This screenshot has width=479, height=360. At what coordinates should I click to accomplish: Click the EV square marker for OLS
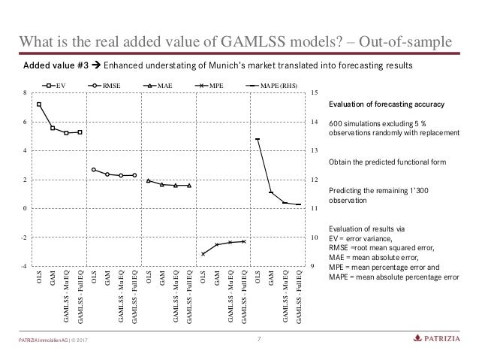tap(39, 104)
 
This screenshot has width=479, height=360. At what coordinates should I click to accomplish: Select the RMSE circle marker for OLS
tap(94, 170)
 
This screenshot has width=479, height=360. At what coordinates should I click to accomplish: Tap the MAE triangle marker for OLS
tap(149, 181)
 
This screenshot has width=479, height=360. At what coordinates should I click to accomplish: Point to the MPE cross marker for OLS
tap(203, 254)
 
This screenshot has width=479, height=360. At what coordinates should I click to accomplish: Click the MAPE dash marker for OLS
tap(258, 139)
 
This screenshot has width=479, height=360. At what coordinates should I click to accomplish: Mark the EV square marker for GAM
tap(53, 129)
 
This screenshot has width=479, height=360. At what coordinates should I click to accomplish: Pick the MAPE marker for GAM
tap(271, 192)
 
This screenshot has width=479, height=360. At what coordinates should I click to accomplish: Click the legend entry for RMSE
tap(104, 86)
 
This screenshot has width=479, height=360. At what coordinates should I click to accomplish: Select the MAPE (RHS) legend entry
tap(272, 86)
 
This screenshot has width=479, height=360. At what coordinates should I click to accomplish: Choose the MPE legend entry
tap(209, 86)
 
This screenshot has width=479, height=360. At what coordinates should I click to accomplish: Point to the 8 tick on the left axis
tap(25, 92)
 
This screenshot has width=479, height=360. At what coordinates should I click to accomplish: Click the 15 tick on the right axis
tap(315, 92)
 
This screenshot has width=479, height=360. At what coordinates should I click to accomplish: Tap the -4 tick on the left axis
tap(24, 266)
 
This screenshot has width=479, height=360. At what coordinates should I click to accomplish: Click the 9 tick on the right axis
tap(312, 266)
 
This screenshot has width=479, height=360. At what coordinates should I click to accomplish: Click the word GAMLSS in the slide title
tap(252, 41)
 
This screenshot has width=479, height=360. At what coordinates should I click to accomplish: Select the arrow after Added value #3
tap(96, 65)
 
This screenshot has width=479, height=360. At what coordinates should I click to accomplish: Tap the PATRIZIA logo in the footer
tap(436, 338)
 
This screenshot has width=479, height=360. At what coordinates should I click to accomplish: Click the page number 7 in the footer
tap(259, 339)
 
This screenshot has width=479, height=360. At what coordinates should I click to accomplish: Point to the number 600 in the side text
tap(335, 124)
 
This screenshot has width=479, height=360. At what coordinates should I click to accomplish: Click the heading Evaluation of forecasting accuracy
tap(387, 104)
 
